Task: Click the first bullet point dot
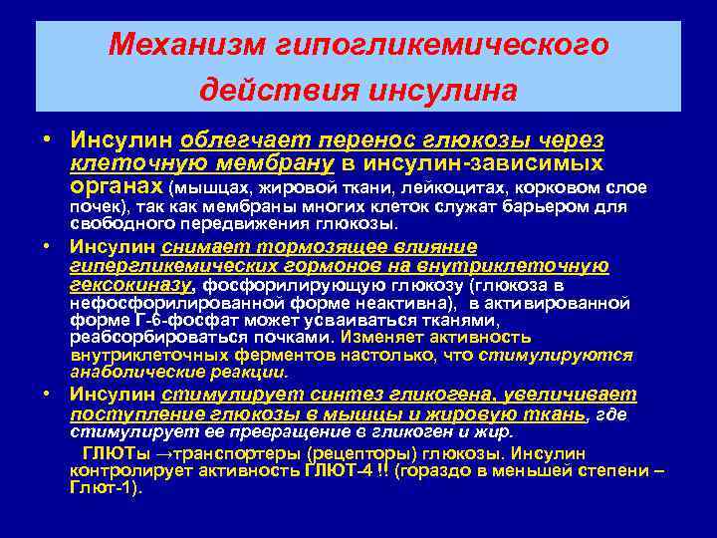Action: pyautogui.click(x=47, y=140)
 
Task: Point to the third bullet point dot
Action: pyautogui.click(x=47, y=395)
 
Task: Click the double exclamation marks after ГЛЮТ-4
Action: pyautogui.click(x=380, y=470)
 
